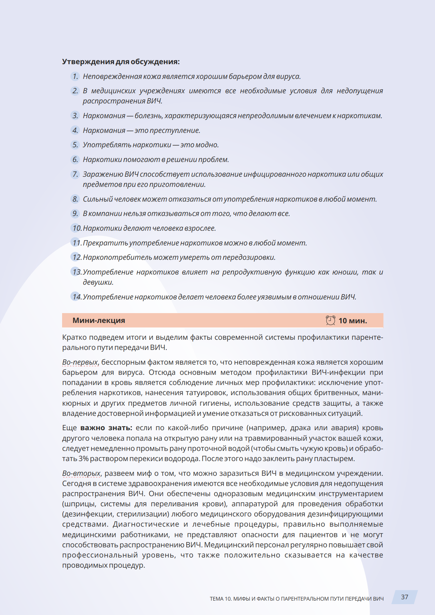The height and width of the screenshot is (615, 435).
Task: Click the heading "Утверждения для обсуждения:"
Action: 121,62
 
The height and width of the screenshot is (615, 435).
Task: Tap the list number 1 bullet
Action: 75,76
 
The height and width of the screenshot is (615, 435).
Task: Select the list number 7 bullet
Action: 75,174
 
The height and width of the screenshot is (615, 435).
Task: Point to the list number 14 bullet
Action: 76,297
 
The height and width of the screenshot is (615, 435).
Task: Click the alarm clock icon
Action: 330,320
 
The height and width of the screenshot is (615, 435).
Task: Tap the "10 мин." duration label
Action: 353,320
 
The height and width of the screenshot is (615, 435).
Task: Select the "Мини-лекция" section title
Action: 99,320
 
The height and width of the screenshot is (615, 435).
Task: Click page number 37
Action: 404,597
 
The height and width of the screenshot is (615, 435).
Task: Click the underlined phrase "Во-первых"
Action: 80,362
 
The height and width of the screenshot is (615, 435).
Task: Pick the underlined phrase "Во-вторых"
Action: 81,473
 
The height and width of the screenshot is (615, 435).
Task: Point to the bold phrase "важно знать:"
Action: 106,428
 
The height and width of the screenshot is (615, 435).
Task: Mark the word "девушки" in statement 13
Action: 98,282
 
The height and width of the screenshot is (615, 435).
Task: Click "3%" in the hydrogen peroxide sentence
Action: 83,459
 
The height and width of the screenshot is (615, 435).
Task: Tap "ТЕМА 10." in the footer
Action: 221,599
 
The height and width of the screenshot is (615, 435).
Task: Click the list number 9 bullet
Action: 75,214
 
